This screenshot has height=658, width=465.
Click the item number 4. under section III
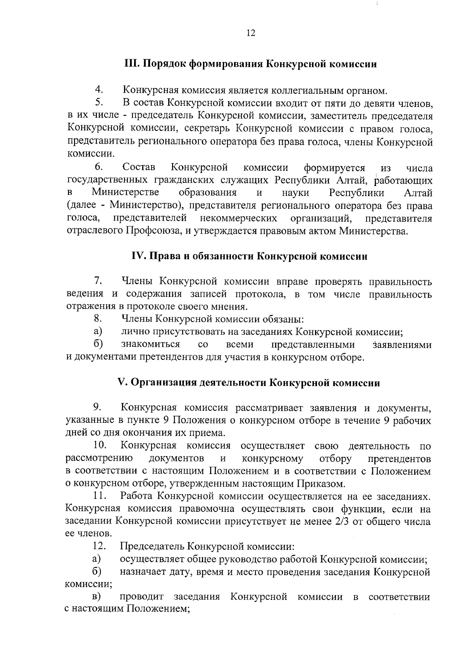pyautogui.click(x=99, y=90)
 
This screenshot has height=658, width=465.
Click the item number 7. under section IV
pyautogui.click(x=98, y=281)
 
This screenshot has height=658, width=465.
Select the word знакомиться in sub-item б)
pyautogui.click(x=151, y=345)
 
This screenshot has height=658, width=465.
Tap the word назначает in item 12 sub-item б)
pyautogui.click(x=143, y=572)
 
